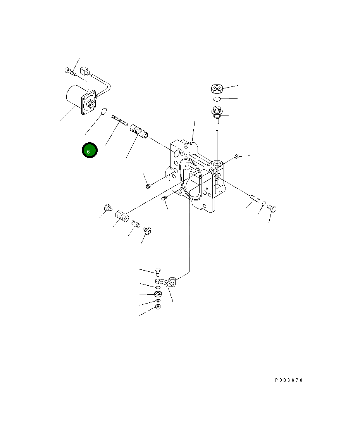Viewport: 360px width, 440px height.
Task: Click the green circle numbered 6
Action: [x=90, y=151]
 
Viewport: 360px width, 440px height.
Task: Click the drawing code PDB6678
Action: [x=289, y=380]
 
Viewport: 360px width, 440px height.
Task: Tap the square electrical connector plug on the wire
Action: [x=84, y=71]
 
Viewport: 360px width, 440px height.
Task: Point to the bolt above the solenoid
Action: [x=69, y=71]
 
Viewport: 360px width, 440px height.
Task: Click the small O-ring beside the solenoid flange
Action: [x=103, y=112]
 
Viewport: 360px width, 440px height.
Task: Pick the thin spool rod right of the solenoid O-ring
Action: [x=119, y=120]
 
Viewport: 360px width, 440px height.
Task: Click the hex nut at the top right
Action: [x=217, y=89]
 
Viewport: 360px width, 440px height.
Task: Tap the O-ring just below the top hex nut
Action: [x=217, y=99]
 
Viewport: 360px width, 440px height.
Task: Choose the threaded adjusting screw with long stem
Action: [x=217, y=114]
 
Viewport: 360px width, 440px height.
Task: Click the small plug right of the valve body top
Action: [x=237, y=156]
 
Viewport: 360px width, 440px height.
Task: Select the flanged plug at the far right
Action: [x=272, y=209]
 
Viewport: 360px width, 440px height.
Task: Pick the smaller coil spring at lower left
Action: [x=136, y=224]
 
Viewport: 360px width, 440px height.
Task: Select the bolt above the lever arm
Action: [x=157, y=272]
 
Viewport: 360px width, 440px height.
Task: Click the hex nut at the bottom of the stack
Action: [x=158, y=307]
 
